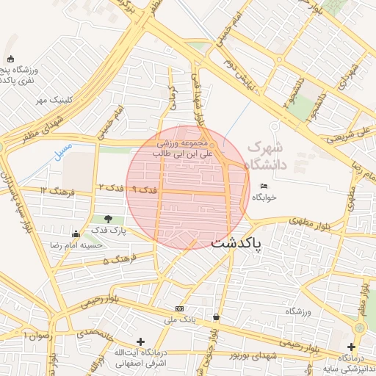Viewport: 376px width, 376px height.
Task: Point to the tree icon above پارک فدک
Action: point(109,218)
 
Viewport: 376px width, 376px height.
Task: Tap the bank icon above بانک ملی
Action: point(179,308)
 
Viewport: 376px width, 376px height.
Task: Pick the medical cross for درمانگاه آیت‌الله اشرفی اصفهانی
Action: point(140,341)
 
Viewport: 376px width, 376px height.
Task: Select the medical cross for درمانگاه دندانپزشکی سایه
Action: point(351,346)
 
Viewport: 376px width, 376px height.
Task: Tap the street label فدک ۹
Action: point(143,189)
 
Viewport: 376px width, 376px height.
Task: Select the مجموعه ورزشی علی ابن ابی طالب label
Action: point(184,148)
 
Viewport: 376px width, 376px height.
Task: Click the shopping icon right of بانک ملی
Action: point(216,317)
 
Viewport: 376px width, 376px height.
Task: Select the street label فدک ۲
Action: point(111,189)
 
